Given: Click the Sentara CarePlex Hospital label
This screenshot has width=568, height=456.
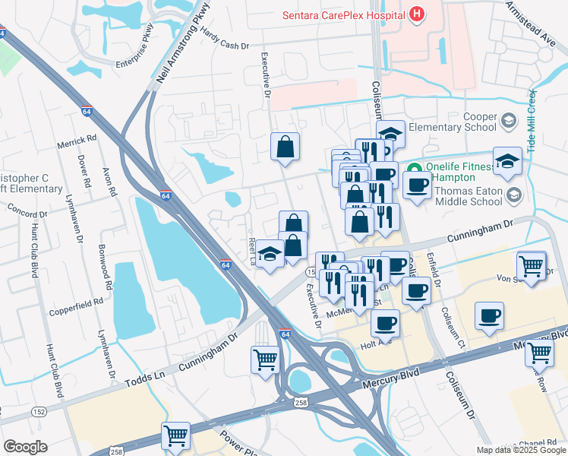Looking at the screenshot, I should pyautogui.click(x=342, y=14).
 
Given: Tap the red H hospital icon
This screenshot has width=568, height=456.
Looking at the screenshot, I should pyautogui.click(x=416, y=14).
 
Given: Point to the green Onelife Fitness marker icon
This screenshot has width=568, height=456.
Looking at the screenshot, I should pyautogui.click(x=415, y=168).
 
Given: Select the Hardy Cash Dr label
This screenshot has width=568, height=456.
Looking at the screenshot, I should pyautogui.click(x=226, y=39).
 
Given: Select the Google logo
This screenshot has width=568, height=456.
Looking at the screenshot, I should pyautogui.click(x=25, y=447).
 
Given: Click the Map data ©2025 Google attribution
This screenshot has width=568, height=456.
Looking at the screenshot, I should pyautogui.click(x=520, y=450).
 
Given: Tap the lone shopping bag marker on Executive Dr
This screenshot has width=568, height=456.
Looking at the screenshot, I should pyautogui.click(x=286, y=147).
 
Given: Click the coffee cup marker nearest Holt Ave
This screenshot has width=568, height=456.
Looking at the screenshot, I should pyautogui.click(x=385, y=322).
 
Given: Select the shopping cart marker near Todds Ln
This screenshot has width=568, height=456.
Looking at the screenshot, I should pyautogui.click(x=265, y=359).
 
